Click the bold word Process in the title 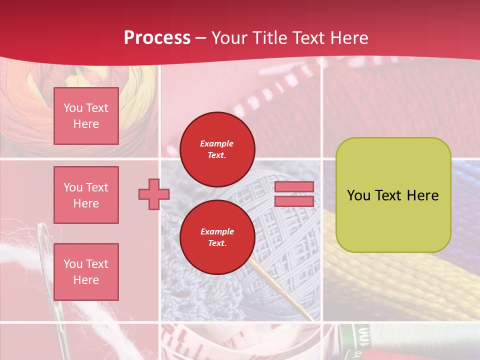[x=157, y=38]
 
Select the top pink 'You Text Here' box [x=86, y=116]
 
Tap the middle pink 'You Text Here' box [x=86, y=195]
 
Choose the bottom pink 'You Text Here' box [x=86, y=272]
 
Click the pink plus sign [x=153, y=194]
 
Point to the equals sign [x=294, y=194]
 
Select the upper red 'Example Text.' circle [x=217, y=149]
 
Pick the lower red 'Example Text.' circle [x=217, y=237]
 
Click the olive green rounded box [x=393, y=195]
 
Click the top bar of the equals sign [x=294, y=187]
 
